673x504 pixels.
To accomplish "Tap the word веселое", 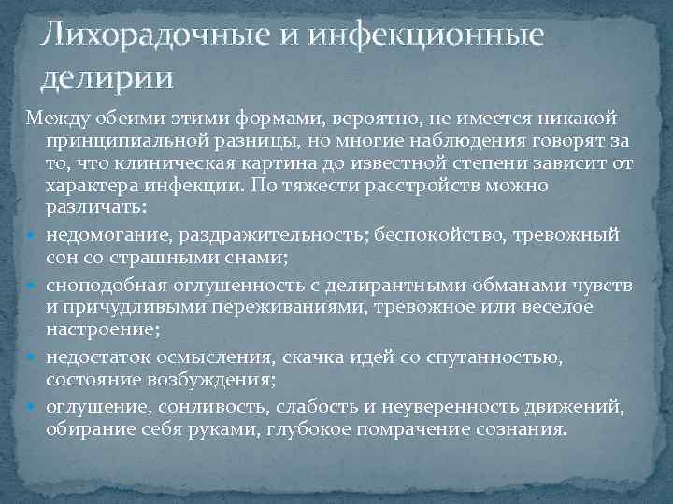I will point(542,305).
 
